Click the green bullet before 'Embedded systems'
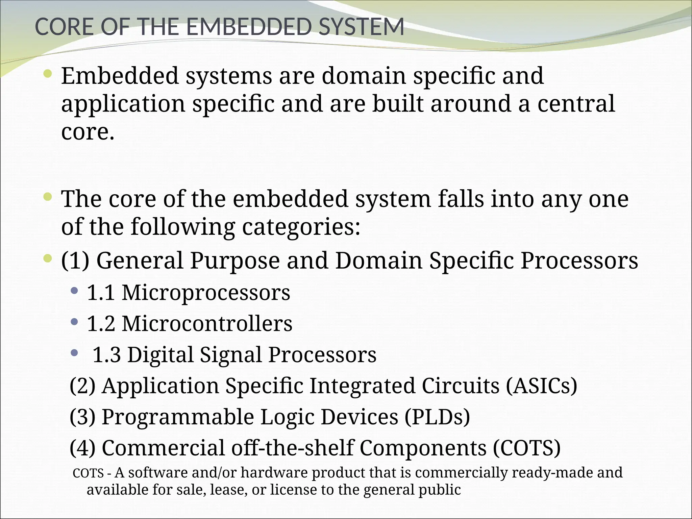point(48,73)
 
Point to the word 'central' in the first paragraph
point(576,104)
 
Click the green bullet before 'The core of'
point(48,196)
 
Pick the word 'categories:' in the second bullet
point(301,227)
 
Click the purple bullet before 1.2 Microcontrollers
point(74,321)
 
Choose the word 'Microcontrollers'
point(207,323)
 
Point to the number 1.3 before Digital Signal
point(106,355)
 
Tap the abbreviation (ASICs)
point(541,386)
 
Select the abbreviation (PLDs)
point(437,417)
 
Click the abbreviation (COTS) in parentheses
point(526,448)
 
